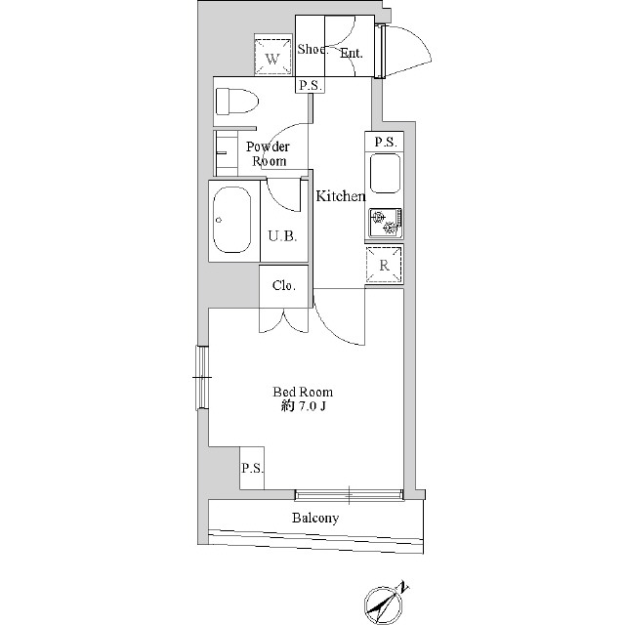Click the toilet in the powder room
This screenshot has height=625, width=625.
(x=236, y=102)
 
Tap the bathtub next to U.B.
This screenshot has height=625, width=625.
(x=232, y=220)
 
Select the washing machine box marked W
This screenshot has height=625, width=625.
(x=272, y=57)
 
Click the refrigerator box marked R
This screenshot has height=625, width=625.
(x=384, y=265)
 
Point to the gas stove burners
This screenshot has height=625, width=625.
(x=385, y=223)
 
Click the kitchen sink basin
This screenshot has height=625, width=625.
(x=385, y=174)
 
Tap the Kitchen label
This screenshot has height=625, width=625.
(x=341, y=195)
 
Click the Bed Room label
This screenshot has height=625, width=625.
(x=303, y=392)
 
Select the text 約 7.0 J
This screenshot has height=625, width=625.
(x=304, y=406)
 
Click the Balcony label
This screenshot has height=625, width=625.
(x=315, y=518)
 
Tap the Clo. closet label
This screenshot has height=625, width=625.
(x=284, y=285)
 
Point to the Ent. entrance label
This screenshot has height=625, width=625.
(x=352, y=53)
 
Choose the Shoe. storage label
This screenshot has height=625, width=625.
(x=312, y=49)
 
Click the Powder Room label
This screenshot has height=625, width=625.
(x=268, y=154)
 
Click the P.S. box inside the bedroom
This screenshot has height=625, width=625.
(x=252, y=468)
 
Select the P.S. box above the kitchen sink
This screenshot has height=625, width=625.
(x=385, y=142)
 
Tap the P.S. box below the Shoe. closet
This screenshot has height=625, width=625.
(x=311, y=85)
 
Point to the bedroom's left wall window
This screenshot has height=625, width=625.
(x=202, y=378)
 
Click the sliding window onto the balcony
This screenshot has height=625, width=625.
(x=349, y=495)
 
